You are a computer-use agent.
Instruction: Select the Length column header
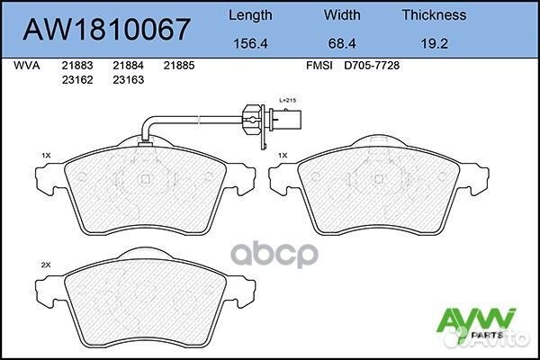250,14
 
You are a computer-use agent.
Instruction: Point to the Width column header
343,14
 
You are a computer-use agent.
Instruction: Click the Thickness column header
434,14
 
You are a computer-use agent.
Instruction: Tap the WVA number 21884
128,67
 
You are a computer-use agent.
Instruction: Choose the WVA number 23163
128,80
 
